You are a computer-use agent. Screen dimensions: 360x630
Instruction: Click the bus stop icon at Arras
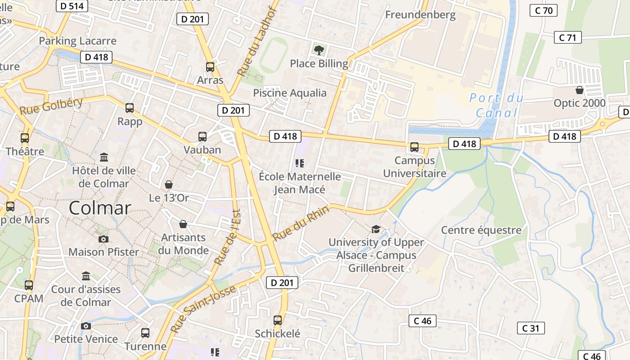point(210,67)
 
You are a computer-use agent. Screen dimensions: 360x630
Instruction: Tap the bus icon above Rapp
point(130,108)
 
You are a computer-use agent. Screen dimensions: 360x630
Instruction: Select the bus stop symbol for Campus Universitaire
point(414,147)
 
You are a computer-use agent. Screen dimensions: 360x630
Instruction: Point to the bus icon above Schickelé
point(278,320)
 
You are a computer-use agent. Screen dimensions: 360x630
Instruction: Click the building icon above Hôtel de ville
point(104,157)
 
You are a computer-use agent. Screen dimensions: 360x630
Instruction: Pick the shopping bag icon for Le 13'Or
point(169,184)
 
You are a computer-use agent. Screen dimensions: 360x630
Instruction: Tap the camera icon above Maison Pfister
point(103,239)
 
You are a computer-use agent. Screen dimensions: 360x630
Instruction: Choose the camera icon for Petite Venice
point(86,326)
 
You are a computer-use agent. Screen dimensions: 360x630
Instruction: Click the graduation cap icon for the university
point(375,229)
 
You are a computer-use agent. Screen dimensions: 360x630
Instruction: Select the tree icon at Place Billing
point(319,50)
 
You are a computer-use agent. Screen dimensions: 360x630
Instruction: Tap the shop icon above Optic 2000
point(580,90)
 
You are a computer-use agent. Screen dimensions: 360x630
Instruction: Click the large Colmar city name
point(100,208)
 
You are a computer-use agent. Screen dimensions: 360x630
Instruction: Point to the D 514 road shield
point(72,6)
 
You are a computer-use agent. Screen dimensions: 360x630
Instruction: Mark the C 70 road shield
point(544,10)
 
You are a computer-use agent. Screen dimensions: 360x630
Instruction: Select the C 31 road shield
point(531,328)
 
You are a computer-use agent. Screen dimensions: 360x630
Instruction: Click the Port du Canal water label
point(497,105)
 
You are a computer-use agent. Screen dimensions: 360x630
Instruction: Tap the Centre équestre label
point(481,230)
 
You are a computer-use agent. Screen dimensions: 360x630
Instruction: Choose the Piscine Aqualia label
point(290,93)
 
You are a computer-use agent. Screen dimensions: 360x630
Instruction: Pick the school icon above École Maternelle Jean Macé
point(300,163)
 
